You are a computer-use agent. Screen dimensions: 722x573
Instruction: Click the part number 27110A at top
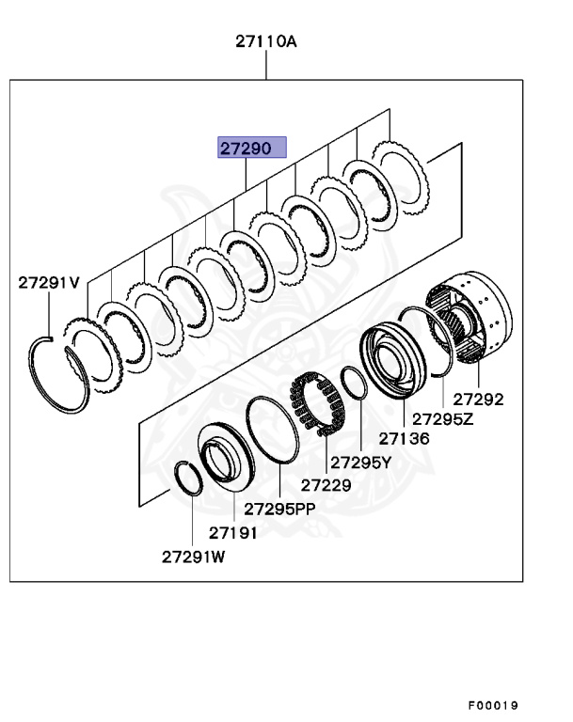(266, 41)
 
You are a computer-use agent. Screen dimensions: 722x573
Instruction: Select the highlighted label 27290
(247, 148)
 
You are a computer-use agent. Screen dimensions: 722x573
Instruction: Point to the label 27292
(478, 399)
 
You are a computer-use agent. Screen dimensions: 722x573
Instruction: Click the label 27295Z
(440, 418)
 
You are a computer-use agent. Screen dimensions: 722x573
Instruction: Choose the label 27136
(405, 438)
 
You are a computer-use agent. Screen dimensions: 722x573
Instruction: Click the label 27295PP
(280, 509)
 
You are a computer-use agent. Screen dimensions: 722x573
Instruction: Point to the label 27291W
(194, 556)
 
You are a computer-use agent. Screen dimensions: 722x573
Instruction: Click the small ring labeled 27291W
(188, 477)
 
